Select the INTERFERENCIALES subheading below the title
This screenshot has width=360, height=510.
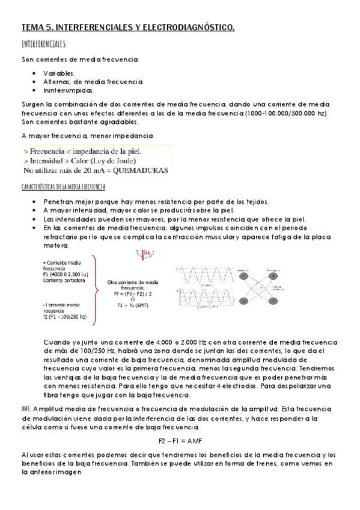click(x=44, y=45)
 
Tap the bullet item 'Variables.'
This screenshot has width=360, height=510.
click(x=59, y=73)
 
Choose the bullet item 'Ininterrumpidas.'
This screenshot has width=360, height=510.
click(x=68, y=90)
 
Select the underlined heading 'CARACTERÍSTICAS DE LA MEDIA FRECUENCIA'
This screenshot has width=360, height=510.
click(x=63, y=187)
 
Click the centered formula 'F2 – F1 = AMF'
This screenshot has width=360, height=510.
click(x=180, y=441)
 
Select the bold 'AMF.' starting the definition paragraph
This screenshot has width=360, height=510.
click(x=26, y=408)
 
